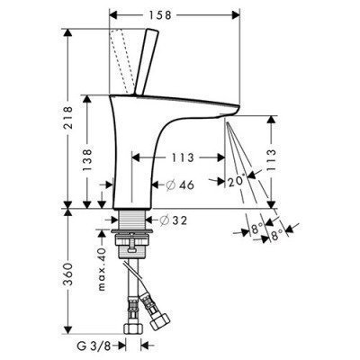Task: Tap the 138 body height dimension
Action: tap(87, 160)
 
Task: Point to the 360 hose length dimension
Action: tap(68, 274)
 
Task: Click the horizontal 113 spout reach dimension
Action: tap(182, 157)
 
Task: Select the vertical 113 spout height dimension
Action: tap(272, 159)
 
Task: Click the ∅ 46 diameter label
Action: tap(180, 185)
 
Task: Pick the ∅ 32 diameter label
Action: tap(173, 220)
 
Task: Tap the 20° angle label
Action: tap(237, 181)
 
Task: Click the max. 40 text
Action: tap(102, 269)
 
